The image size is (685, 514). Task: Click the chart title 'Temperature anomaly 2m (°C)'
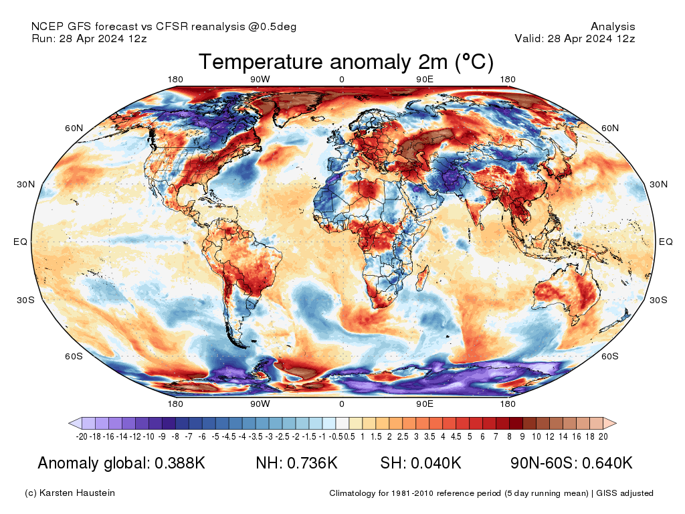(346, 62)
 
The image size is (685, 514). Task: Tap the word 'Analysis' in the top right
(613, 27)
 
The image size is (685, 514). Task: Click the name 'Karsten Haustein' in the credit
(80, 493)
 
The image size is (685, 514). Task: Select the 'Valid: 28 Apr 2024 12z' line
(575, 39)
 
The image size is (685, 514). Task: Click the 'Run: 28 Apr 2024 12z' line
(89, 39)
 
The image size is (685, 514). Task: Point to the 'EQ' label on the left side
(20, 242)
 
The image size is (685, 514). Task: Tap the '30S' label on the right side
(659, 300)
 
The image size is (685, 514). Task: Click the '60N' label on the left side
(74, 128)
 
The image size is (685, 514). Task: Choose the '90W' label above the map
(260, 80)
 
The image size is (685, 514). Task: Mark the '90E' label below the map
(425, 404)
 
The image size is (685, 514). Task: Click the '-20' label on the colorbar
(82, 436)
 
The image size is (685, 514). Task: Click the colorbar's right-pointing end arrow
(609, 423)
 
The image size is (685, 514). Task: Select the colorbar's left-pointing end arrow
(75, 423)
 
